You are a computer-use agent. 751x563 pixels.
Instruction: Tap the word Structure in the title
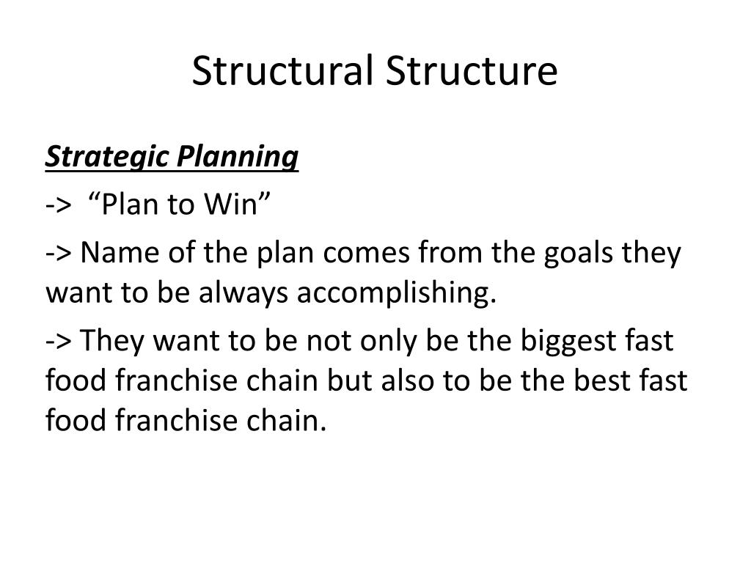pyautogui.click(x=472, y=71)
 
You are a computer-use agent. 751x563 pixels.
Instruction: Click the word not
pyautogui.click(x=326, y=342)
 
